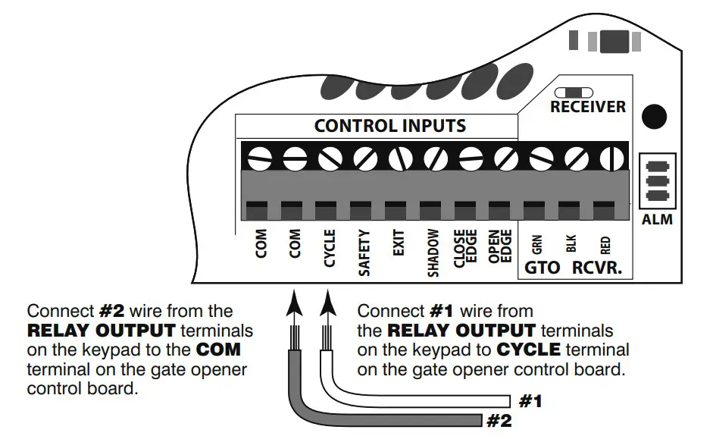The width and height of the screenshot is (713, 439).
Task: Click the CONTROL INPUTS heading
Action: point(390,126)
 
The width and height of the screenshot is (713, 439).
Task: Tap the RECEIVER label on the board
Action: point(588,107)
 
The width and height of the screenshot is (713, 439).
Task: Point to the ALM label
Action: point(656,221)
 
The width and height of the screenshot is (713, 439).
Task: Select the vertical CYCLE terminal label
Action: point(330,248)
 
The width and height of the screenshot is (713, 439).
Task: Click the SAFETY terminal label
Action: point(364,252)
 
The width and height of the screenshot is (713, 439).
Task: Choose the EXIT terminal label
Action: point(399,243)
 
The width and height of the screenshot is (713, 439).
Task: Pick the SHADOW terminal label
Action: point(433,252)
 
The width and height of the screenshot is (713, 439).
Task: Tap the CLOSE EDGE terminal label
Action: point(464,248)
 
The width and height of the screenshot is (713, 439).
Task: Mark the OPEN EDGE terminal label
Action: point(499,248)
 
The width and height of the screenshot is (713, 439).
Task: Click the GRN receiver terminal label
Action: point(536,244)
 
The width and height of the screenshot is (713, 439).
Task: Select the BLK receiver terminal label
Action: point(571,243)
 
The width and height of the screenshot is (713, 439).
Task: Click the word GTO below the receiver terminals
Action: point(542,268)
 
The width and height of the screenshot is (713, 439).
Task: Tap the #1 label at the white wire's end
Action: point(530,402)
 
